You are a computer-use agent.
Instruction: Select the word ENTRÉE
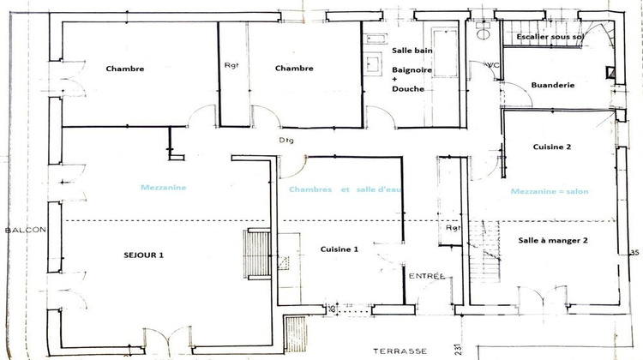426,276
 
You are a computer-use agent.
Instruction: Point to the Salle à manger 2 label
553,241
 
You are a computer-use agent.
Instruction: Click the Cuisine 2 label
551,147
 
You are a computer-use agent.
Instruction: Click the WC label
491,65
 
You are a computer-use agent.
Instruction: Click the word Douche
407,89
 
